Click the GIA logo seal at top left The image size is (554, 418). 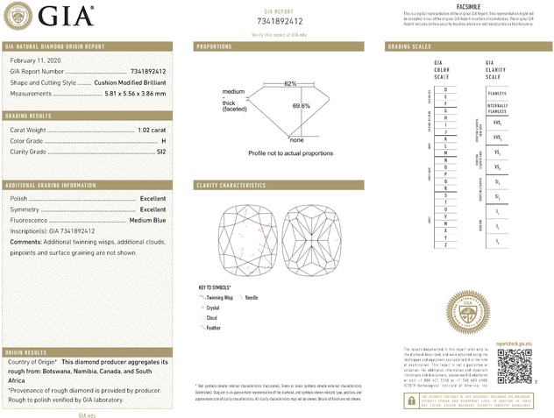tap(19, 15)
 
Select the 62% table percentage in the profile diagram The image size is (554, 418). tap(290, 82)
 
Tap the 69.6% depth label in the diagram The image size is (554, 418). tap(301, 106)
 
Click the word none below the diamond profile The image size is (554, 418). tap(296, 140)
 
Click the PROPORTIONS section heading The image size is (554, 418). tap(214, 46)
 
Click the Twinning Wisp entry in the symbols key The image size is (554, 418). tap(220, 299)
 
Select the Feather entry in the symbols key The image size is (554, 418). tap(213, 327)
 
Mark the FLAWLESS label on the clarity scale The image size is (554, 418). tap(497, 90)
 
